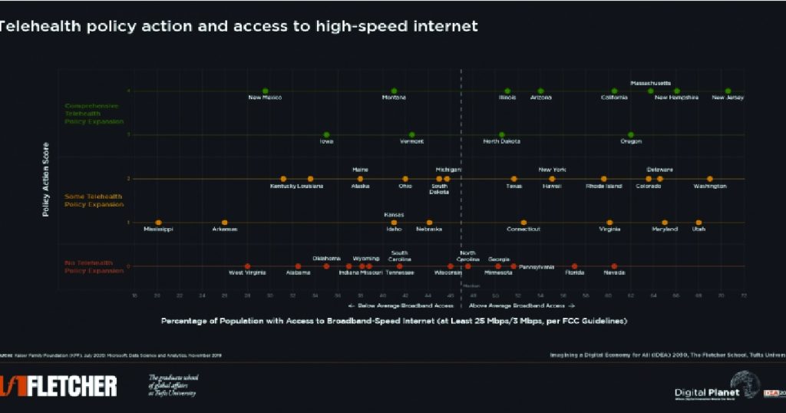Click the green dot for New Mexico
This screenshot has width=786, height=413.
pos(266,91)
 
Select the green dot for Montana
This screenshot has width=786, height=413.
pos(394,91)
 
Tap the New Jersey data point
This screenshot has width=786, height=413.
pos(728,91)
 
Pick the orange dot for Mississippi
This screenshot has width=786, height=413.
pos(158,223)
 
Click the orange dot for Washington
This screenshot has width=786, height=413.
pos(710,179)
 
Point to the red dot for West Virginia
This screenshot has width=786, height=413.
pos(247,266)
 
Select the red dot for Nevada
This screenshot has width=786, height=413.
pos(614,266)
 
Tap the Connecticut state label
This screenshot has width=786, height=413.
pos(523,230)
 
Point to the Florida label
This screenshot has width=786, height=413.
pos(574,273)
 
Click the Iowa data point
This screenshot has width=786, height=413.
pos(326,134)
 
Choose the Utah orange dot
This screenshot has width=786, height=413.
pos(698,223)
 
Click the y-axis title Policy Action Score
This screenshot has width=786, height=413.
pos(46,179)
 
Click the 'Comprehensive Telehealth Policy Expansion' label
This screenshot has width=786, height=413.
pos(91,113)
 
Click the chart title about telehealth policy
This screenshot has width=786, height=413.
pos(238,26)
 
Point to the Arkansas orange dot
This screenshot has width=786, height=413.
pos(225,223)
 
